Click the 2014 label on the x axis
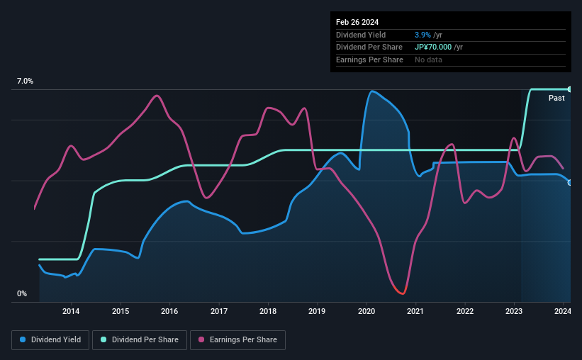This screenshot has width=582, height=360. tap(71, 311)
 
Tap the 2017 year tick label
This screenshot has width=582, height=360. tap(219, 311)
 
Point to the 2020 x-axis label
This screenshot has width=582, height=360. tap(366, 311)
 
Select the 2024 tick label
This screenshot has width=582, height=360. tap(563, 311)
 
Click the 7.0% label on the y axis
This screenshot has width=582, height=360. tap(26, 81)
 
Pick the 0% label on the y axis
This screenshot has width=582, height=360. tap(21, 293)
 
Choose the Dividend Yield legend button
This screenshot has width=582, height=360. tap(50, 340)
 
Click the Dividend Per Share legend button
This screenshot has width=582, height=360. tap(142, 340)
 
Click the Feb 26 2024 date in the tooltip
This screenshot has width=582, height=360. tap(358, 22)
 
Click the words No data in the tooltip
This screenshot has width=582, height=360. tap(428, 60)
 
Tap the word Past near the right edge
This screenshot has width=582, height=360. tap(556, 98)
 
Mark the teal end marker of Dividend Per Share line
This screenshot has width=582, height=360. tap(570, 89)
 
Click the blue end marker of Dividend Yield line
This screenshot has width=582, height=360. tap(570, 183)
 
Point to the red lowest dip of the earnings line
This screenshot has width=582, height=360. tap(402, 293)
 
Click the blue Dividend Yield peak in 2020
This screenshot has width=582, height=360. tap(372, 91)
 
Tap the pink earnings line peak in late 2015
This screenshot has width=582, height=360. tap(157, 96)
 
